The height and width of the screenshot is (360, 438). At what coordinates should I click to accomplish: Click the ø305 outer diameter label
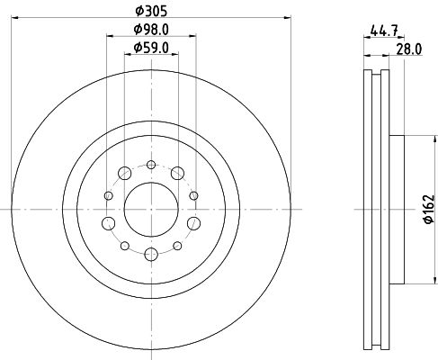click(151, 12)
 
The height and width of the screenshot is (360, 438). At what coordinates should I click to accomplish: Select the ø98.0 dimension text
click(151, 30)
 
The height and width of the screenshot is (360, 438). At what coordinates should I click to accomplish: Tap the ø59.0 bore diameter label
click(151, 48)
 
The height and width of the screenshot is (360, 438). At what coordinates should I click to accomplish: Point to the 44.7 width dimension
click(384, 31)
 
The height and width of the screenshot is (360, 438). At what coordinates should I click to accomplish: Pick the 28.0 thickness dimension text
click(409, 49)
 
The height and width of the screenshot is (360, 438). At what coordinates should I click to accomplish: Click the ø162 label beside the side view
click(429, 209)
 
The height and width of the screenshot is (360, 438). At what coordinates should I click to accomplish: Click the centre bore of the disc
click(151, 210)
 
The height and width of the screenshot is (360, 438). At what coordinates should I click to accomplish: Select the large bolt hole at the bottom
click(151, 255)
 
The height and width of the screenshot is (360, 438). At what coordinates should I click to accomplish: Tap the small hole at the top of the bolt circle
click(151, 165)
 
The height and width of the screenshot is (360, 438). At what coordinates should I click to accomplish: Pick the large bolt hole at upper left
click(124, 173)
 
